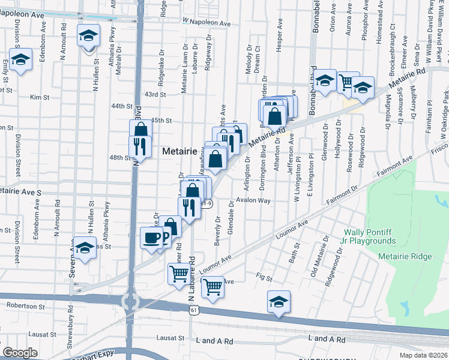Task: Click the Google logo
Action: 20,353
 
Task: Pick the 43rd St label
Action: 155,94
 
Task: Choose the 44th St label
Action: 121,106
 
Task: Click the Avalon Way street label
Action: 253,200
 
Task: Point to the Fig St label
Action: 264,278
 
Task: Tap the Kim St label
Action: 38,97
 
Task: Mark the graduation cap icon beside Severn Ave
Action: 85,248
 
